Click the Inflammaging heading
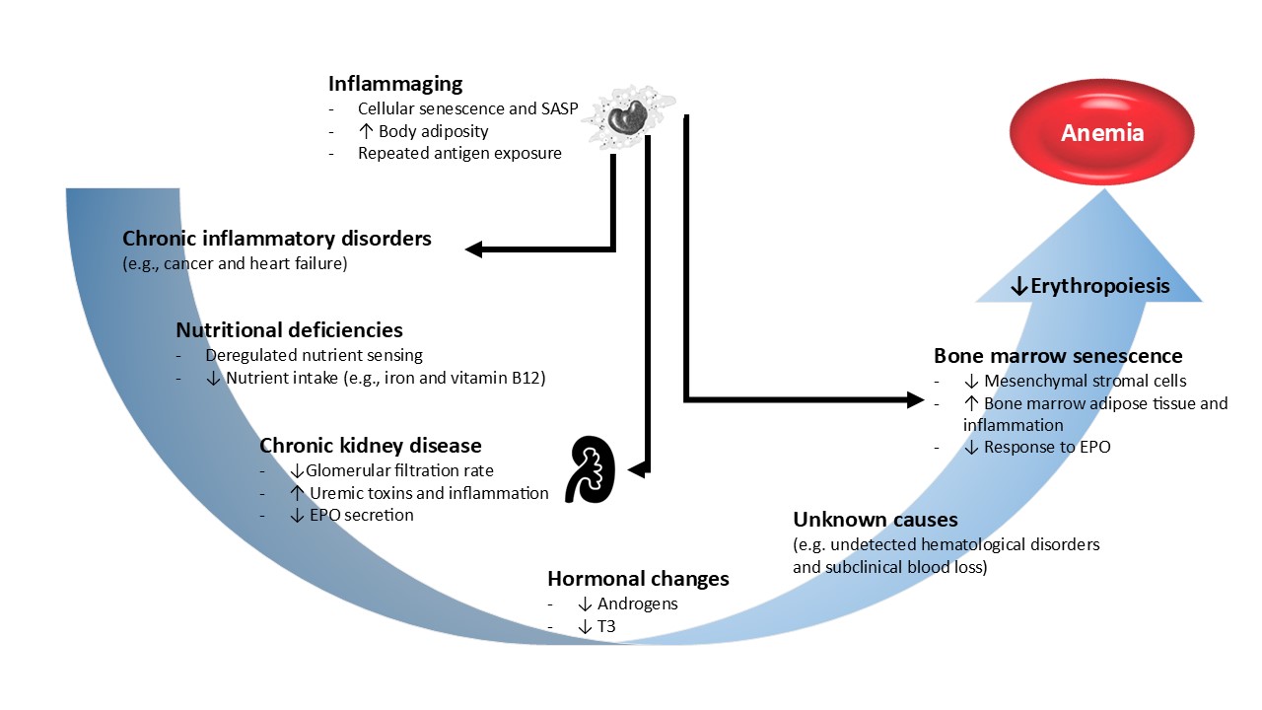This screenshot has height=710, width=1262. point(395,84)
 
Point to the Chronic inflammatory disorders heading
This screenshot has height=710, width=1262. point(277,239)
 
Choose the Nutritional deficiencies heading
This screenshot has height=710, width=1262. point(289,330)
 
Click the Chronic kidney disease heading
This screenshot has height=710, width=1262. point(371,446)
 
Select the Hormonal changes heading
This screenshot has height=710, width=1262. point(638,579)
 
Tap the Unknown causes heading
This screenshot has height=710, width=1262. point(876,520)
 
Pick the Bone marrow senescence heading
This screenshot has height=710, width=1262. point(1058,356)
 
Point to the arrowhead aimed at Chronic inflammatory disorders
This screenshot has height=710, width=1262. point(474,249)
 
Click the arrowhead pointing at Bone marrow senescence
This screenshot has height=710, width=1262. point(913,399)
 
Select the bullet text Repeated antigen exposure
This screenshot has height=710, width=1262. point(459,153)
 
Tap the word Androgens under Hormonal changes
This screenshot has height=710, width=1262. point(638,603)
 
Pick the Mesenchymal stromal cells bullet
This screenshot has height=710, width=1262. point(1075,381)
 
